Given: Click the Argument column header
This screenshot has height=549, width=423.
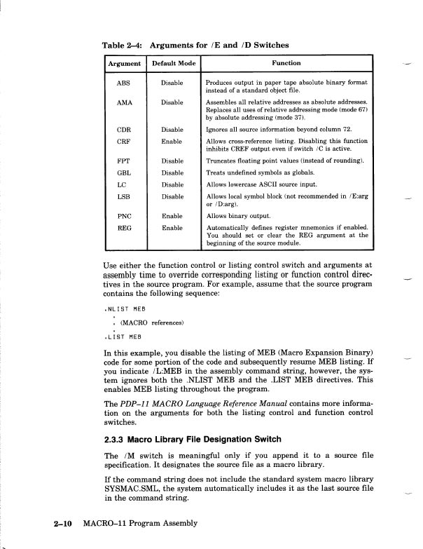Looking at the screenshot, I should point(123,64).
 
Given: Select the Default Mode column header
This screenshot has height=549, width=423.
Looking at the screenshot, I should point(173,64).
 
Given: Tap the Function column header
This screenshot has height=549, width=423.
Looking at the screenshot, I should point(287,64).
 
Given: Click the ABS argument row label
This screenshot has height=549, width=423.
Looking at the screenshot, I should point(123,83).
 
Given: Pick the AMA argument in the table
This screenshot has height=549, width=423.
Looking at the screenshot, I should point(123,102).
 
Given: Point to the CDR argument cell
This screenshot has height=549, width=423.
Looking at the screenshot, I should point(123,130).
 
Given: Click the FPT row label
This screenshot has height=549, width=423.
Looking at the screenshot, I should point(123,161).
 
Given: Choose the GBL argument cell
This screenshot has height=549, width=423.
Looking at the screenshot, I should point(123,172).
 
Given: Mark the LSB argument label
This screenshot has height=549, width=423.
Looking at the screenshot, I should point(123,197).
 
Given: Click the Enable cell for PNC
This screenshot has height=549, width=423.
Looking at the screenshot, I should point(172,216).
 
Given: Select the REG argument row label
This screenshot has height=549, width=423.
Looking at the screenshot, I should point(123,228).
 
